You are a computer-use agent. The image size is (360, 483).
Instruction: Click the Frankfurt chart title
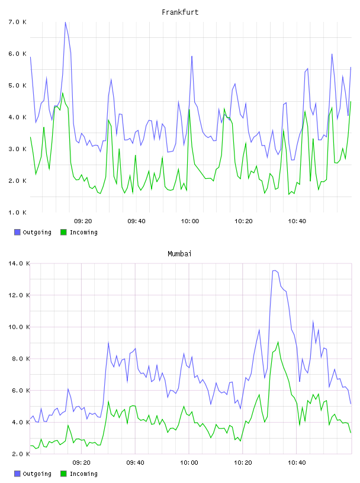click(x=180, y=12)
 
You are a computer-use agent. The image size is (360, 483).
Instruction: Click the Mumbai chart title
click(x=179, y=254)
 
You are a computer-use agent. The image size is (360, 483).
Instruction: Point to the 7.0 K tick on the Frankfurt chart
click(x=18, y=22)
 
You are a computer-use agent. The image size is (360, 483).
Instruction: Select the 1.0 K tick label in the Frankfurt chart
click(x=18, y=212)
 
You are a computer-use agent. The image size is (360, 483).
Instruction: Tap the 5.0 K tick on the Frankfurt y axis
click(x=18, y=85)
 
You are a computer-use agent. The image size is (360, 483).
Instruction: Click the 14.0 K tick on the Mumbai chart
click(x=19, y=263)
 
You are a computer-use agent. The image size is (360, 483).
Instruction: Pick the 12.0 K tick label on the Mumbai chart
click(x=19, y=295)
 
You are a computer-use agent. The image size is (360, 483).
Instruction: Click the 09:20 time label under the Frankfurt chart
click(x=83, y=221)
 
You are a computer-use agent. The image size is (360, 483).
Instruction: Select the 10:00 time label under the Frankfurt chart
click(x=190, y=221)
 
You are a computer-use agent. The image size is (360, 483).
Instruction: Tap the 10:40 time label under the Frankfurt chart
click(x=297, y=221)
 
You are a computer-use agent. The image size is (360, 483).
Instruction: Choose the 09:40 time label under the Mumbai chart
click(x=136, y=463)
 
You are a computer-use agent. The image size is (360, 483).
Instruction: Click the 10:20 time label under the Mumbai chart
click(x=243, y=463)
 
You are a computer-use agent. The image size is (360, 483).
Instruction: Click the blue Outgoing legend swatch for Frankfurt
click(x=17, y=232)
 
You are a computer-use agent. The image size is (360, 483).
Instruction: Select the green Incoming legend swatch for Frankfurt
click(x=63, y=232)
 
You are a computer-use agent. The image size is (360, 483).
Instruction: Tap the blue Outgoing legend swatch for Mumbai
click(x=17, y=474)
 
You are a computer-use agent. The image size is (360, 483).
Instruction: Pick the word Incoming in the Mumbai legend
click(x=83, y=474)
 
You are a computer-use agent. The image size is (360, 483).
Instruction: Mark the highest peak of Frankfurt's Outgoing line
click(x=65, y=22)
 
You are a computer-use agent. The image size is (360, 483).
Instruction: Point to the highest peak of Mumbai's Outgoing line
click(x=274, y=271)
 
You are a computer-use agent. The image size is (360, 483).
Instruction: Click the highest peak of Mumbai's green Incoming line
click(x=278, y=342)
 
